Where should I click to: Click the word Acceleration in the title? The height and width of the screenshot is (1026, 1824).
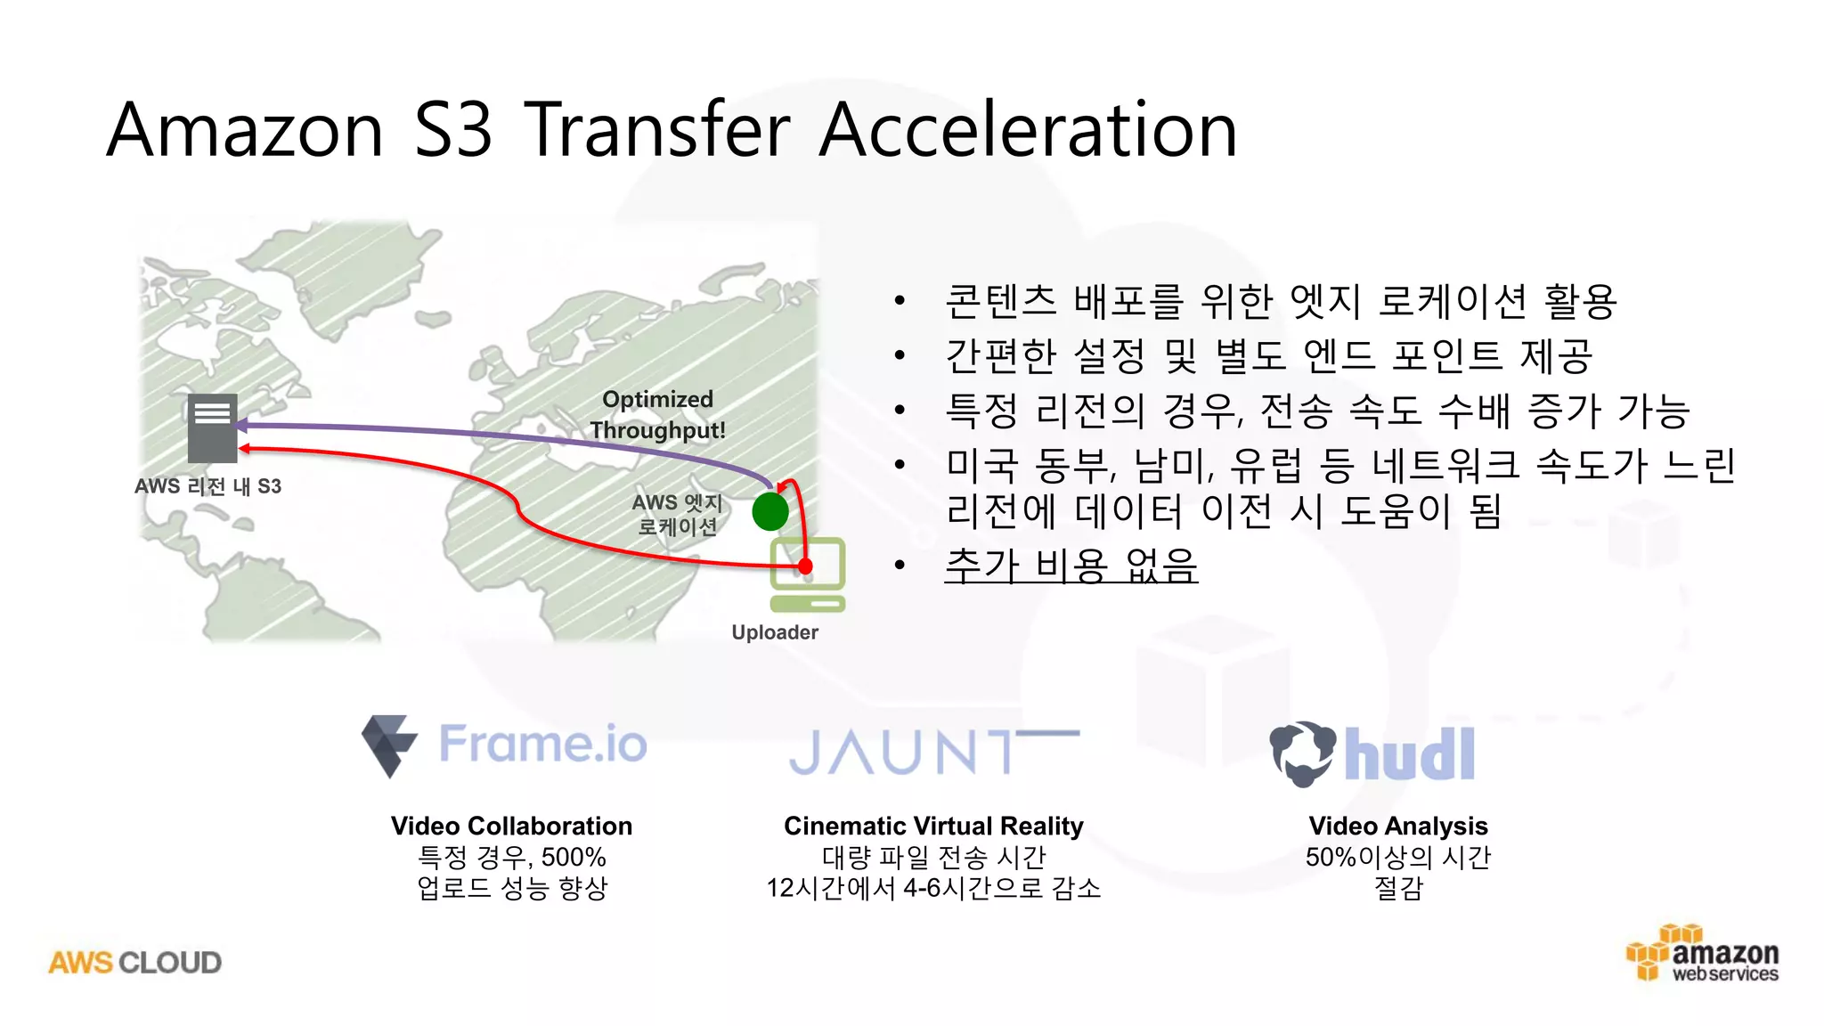point(1028,130)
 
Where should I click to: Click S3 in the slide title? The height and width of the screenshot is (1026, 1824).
point(453,130)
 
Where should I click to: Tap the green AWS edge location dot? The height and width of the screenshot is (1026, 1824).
point(769,511)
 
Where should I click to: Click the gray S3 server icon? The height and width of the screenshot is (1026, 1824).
point(212,428)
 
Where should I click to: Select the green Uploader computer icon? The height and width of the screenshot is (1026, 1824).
point(807,575)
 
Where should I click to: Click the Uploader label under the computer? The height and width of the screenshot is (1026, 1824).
point(774,632)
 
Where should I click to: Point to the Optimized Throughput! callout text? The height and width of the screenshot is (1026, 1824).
point(657,415)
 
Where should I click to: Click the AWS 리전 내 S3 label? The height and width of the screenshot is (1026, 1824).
point(208,486)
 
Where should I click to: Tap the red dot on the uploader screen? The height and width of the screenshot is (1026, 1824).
point(805,566)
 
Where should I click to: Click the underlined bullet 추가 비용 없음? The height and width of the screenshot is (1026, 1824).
point(1071,565)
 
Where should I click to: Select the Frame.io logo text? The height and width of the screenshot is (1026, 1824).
point(543,745)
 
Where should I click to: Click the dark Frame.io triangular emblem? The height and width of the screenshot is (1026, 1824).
point(388,745)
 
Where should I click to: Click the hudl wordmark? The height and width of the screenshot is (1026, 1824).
point(1409,755)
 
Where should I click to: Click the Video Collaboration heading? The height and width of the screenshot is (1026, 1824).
point(511,826)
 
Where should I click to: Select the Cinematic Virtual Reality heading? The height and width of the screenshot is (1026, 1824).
point(933,826)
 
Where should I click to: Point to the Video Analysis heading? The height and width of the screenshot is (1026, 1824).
point(1397,826)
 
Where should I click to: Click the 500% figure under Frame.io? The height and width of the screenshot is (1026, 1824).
point(574,857)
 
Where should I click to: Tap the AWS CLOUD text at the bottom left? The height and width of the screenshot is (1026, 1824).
point(135,963)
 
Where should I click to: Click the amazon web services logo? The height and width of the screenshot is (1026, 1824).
point(1705,956)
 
